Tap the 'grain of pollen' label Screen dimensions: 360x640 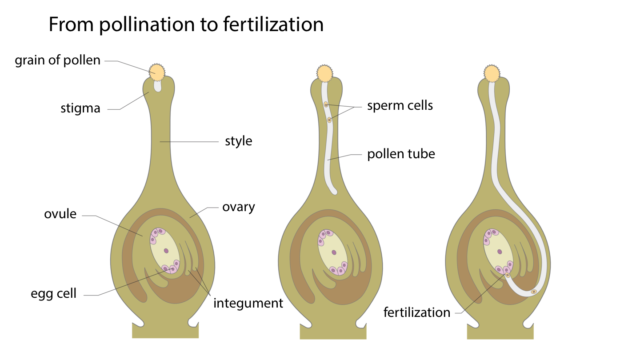coord(58,60)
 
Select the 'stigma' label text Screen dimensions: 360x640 coord(80,108)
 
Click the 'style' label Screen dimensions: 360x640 coord(239,141)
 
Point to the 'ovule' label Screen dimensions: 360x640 coord(60,214)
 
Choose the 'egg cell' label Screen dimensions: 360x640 coord(54,293)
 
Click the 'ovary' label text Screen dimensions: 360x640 coord(239,207)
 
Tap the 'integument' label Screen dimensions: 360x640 coord(248,303)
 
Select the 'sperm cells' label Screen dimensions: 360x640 coord(400,106)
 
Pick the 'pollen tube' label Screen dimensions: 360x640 coord(401,154)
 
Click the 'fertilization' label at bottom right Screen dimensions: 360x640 coord(417,312)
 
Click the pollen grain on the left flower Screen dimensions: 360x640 coord(157,71)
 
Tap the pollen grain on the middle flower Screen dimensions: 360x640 coord(325,73)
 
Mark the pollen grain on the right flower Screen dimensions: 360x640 coord(492,73)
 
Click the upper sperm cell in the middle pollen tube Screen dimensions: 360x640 coord(326,104)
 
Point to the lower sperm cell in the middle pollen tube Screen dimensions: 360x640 coord(329,120)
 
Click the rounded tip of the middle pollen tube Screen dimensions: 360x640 coord(334,191)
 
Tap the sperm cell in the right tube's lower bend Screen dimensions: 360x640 coord(534,292)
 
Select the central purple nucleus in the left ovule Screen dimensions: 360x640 coord(166,251)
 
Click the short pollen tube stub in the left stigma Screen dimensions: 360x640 coord(157,86)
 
